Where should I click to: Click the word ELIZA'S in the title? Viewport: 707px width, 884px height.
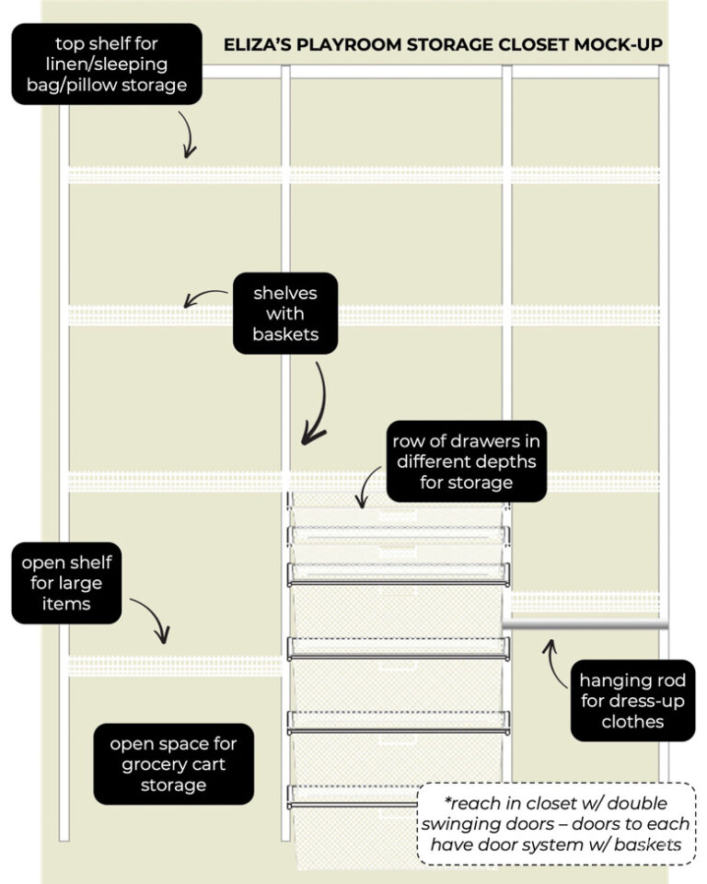pyautogui.click(x=261, y=44)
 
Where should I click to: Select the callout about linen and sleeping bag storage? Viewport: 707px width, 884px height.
pyautogui.click(x=107, y=64)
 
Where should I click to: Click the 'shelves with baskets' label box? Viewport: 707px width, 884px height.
pyautogui.click(x=285, y=313)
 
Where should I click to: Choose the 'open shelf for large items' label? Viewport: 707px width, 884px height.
pyautogui.click(x=66, y=583)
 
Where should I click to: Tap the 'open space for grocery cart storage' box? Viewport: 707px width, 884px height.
pyautogui.click(x=173, y=763)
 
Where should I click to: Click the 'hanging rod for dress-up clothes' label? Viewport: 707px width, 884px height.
pyautogui.click(x=632, y=702)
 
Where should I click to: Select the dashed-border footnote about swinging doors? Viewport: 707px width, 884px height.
pyautogui.click(x=556, y=824)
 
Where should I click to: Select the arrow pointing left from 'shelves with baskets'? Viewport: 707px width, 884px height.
pyautogui.click(x=204, y=297)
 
